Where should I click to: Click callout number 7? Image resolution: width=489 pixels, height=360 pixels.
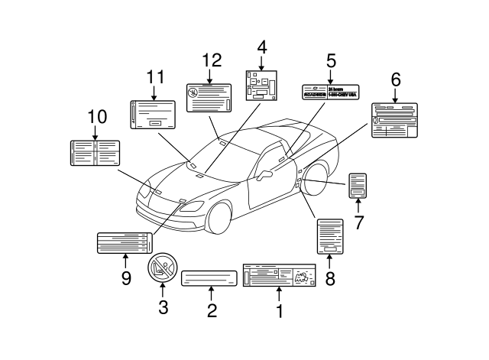pos(358,222)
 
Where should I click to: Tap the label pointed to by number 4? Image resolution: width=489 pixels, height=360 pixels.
pos(261,84)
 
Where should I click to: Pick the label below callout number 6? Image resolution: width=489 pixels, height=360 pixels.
pos(395,121)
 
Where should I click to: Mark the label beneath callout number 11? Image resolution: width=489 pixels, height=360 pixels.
pos(154,114)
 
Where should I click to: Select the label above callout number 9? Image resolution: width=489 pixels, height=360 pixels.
pos(123,243)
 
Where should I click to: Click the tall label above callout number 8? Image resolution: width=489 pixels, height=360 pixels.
pos(330,237)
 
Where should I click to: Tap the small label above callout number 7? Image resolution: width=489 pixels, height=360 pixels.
pos(358,185)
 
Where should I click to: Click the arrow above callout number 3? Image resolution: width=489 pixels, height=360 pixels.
pos(162,290)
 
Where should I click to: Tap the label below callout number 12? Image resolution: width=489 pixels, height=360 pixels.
pos(209,98)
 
